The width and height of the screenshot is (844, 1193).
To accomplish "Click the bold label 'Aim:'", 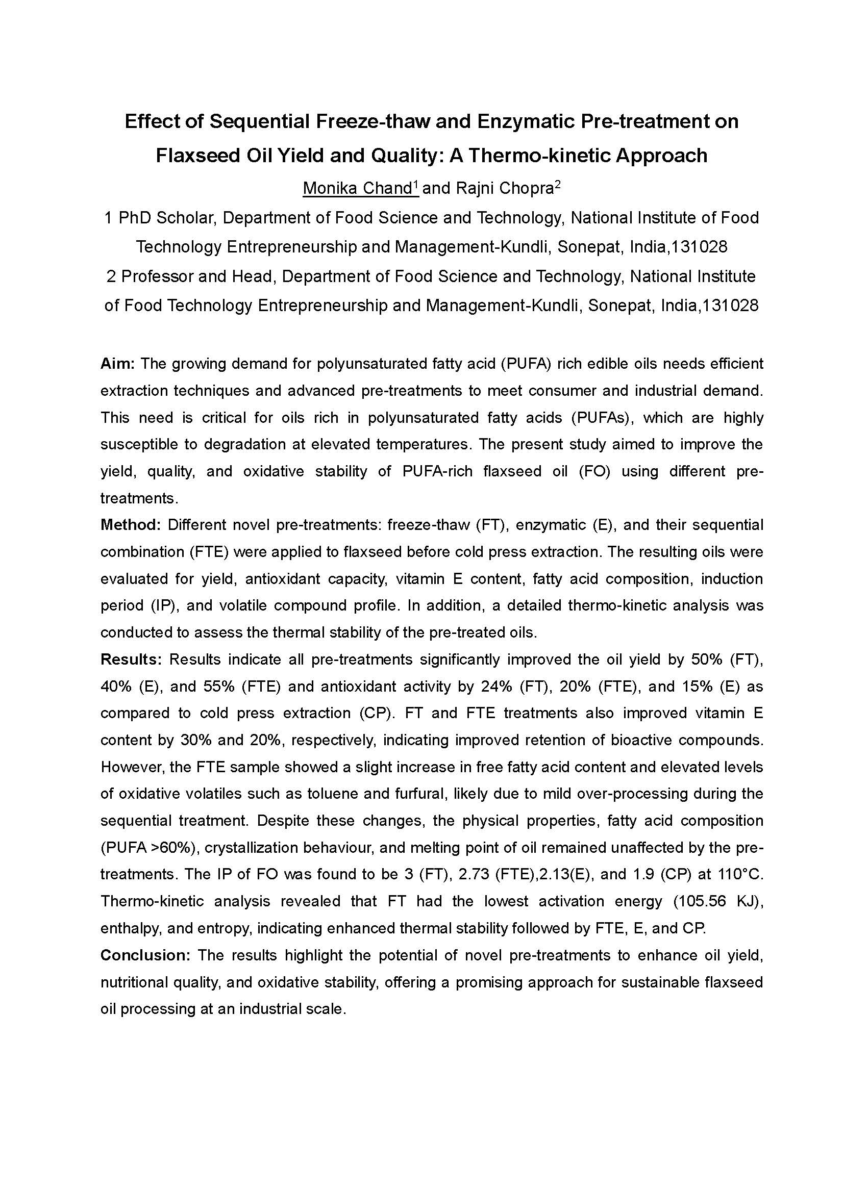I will [x=117, y=364].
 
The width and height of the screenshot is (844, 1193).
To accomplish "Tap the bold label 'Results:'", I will [x=132, y=659].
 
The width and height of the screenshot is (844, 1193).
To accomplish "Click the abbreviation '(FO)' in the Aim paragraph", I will [x=594, y=471].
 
